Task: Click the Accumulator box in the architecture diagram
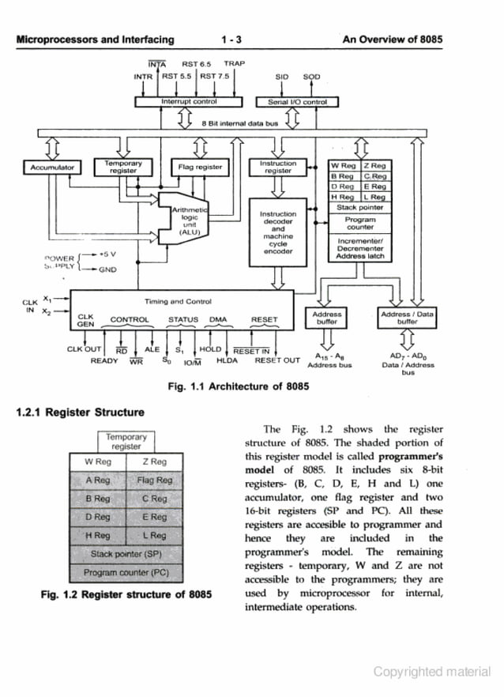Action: click(52, 168)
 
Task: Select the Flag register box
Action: click(199, 168)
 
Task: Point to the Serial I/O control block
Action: click(297, 101)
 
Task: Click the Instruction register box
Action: click(277, 167)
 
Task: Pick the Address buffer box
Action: click(326, 318)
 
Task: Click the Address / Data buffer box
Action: click(407, 318)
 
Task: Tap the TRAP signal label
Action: click(235, 63)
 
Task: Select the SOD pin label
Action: click(311, 77)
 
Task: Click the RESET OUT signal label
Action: click(277, 360)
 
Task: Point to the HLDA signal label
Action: click(227, 360)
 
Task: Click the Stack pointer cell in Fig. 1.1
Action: click(359, 208)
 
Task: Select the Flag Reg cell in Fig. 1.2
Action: click(154, 480)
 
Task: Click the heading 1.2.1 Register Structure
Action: click(80, 413)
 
